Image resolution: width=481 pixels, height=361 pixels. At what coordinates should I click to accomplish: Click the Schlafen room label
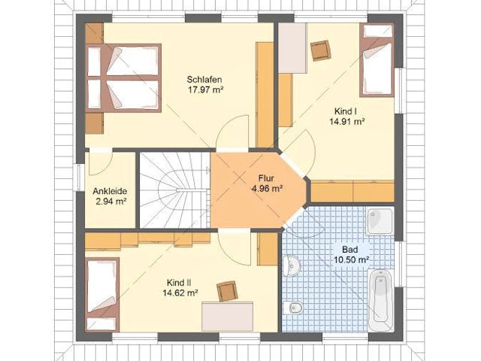204,80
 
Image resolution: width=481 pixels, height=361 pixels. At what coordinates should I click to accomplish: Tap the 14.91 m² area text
347,121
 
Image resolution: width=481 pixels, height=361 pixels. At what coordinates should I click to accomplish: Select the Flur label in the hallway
266,178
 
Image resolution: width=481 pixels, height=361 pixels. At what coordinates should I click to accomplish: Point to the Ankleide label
110,191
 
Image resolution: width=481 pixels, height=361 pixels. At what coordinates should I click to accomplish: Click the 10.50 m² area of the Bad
351,259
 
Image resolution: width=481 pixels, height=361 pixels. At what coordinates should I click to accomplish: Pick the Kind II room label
180,283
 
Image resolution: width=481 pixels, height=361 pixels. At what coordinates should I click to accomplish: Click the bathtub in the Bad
381,301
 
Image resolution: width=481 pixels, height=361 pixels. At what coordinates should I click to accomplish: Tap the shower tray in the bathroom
380,222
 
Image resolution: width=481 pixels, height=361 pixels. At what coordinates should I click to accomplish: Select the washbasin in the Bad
291,265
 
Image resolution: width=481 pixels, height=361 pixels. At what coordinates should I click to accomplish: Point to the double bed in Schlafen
123,78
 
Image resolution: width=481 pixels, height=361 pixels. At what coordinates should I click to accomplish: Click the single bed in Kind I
377,60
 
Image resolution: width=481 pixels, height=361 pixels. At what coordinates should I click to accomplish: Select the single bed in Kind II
102,295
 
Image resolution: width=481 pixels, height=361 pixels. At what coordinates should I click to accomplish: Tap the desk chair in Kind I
321,50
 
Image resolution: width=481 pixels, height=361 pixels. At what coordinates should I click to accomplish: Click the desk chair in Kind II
227,291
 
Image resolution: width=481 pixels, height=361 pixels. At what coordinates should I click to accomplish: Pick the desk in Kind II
227,317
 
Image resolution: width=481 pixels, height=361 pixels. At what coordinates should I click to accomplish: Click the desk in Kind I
292,48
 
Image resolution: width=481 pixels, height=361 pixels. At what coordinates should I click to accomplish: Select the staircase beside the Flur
174,190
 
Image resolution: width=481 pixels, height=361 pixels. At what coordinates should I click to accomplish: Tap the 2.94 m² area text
110,202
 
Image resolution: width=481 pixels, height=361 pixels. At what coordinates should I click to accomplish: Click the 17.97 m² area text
204,90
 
